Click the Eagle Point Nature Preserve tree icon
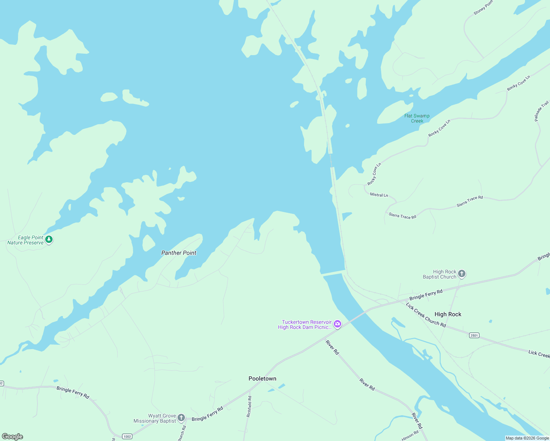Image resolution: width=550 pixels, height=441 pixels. coord(49,240)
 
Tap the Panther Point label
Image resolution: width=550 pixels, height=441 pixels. coord(179,253)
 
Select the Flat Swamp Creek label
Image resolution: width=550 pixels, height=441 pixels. coord(417,118)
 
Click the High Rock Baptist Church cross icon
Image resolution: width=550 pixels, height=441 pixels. coord(462,274)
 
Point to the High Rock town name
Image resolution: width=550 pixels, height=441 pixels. coord(447,314)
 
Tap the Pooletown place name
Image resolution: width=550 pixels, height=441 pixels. coord(262,379)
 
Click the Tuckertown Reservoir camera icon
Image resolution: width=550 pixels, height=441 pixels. coord(337,324)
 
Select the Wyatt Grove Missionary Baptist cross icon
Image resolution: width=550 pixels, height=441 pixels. coord(181,417)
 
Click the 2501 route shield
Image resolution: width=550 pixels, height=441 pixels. coord(474,335)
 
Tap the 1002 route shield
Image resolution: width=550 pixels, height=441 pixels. coord(127,436)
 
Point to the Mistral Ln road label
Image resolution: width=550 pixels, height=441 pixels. coord(379,195)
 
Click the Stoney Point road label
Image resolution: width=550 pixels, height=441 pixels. coord(483,8)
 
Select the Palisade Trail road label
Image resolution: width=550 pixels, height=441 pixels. coord(541,111)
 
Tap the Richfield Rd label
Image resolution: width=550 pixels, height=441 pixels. coord(250,406)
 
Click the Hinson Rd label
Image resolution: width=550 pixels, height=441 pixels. coord(410,435)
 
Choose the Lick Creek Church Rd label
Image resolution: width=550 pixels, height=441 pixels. coord(426,315)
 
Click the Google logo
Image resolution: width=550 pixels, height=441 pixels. coord(12,437)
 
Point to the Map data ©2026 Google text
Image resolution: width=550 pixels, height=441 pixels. coord(527,438)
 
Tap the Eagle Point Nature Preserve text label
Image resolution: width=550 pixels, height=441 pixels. coord(25,240)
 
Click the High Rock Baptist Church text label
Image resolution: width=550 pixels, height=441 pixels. coord(439,274)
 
